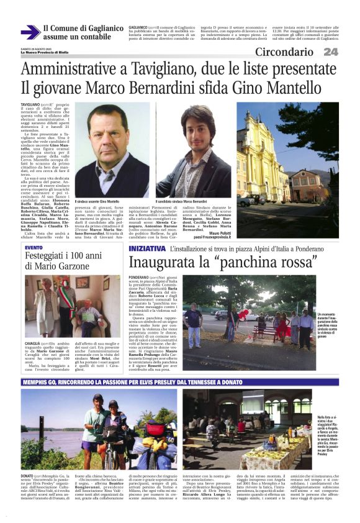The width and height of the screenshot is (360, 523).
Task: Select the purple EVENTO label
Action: tap(34, 248)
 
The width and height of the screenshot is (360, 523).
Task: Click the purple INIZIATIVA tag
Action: tap(146, 248)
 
